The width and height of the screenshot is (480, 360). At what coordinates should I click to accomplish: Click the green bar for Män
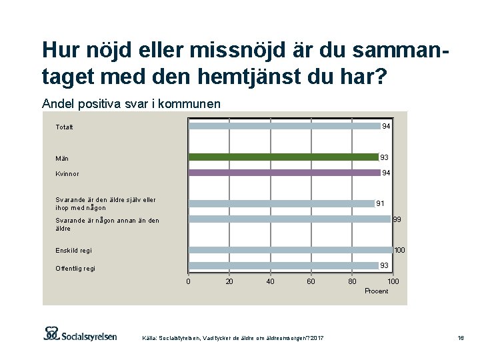283,157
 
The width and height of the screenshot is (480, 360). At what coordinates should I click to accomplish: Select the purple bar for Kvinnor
285,173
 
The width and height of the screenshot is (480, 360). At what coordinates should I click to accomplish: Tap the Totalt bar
285,126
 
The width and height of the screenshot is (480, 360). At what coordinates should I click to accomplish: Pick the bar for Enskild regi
291,250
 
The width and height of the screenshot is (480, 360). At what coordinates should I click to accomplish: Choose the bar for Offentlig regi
283,265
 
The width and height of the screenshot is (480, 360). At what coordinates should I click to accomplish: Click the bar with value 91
281,203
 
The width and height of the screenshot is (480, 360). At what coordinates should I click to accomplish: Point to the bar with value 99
289,219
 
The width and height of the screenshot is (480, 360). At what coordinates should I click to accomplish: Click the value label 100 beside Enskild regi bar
399,250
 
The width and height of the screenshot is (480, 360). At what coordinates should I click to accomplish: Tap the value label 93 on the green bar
384,157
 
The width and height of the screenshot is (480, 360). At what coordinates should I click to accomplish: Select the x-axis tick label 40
270,282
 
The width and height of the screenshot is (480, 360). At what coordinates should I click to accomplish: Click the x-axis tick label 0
188,282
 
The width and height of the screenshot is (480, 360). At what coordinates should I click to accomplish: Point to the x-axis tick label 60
311,282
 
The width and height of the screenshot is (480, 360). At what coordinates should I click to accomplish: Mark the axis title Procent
376,291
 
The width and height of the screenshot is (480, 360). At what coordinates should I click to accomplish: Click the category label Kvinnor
67,174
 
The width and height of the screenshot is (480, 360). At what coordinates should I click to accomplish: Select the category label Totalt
65,127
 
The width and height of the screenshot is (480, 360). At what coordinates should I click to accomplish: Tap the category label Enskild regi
73,251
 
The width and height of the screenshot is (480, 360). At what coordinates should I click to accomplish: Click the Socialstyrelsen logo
80,333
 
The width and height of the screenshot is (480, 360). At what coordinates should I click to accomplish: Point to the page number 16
460,339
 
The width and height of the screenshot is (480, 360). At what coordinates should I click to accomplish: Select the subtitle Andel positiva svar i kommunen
131,103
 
